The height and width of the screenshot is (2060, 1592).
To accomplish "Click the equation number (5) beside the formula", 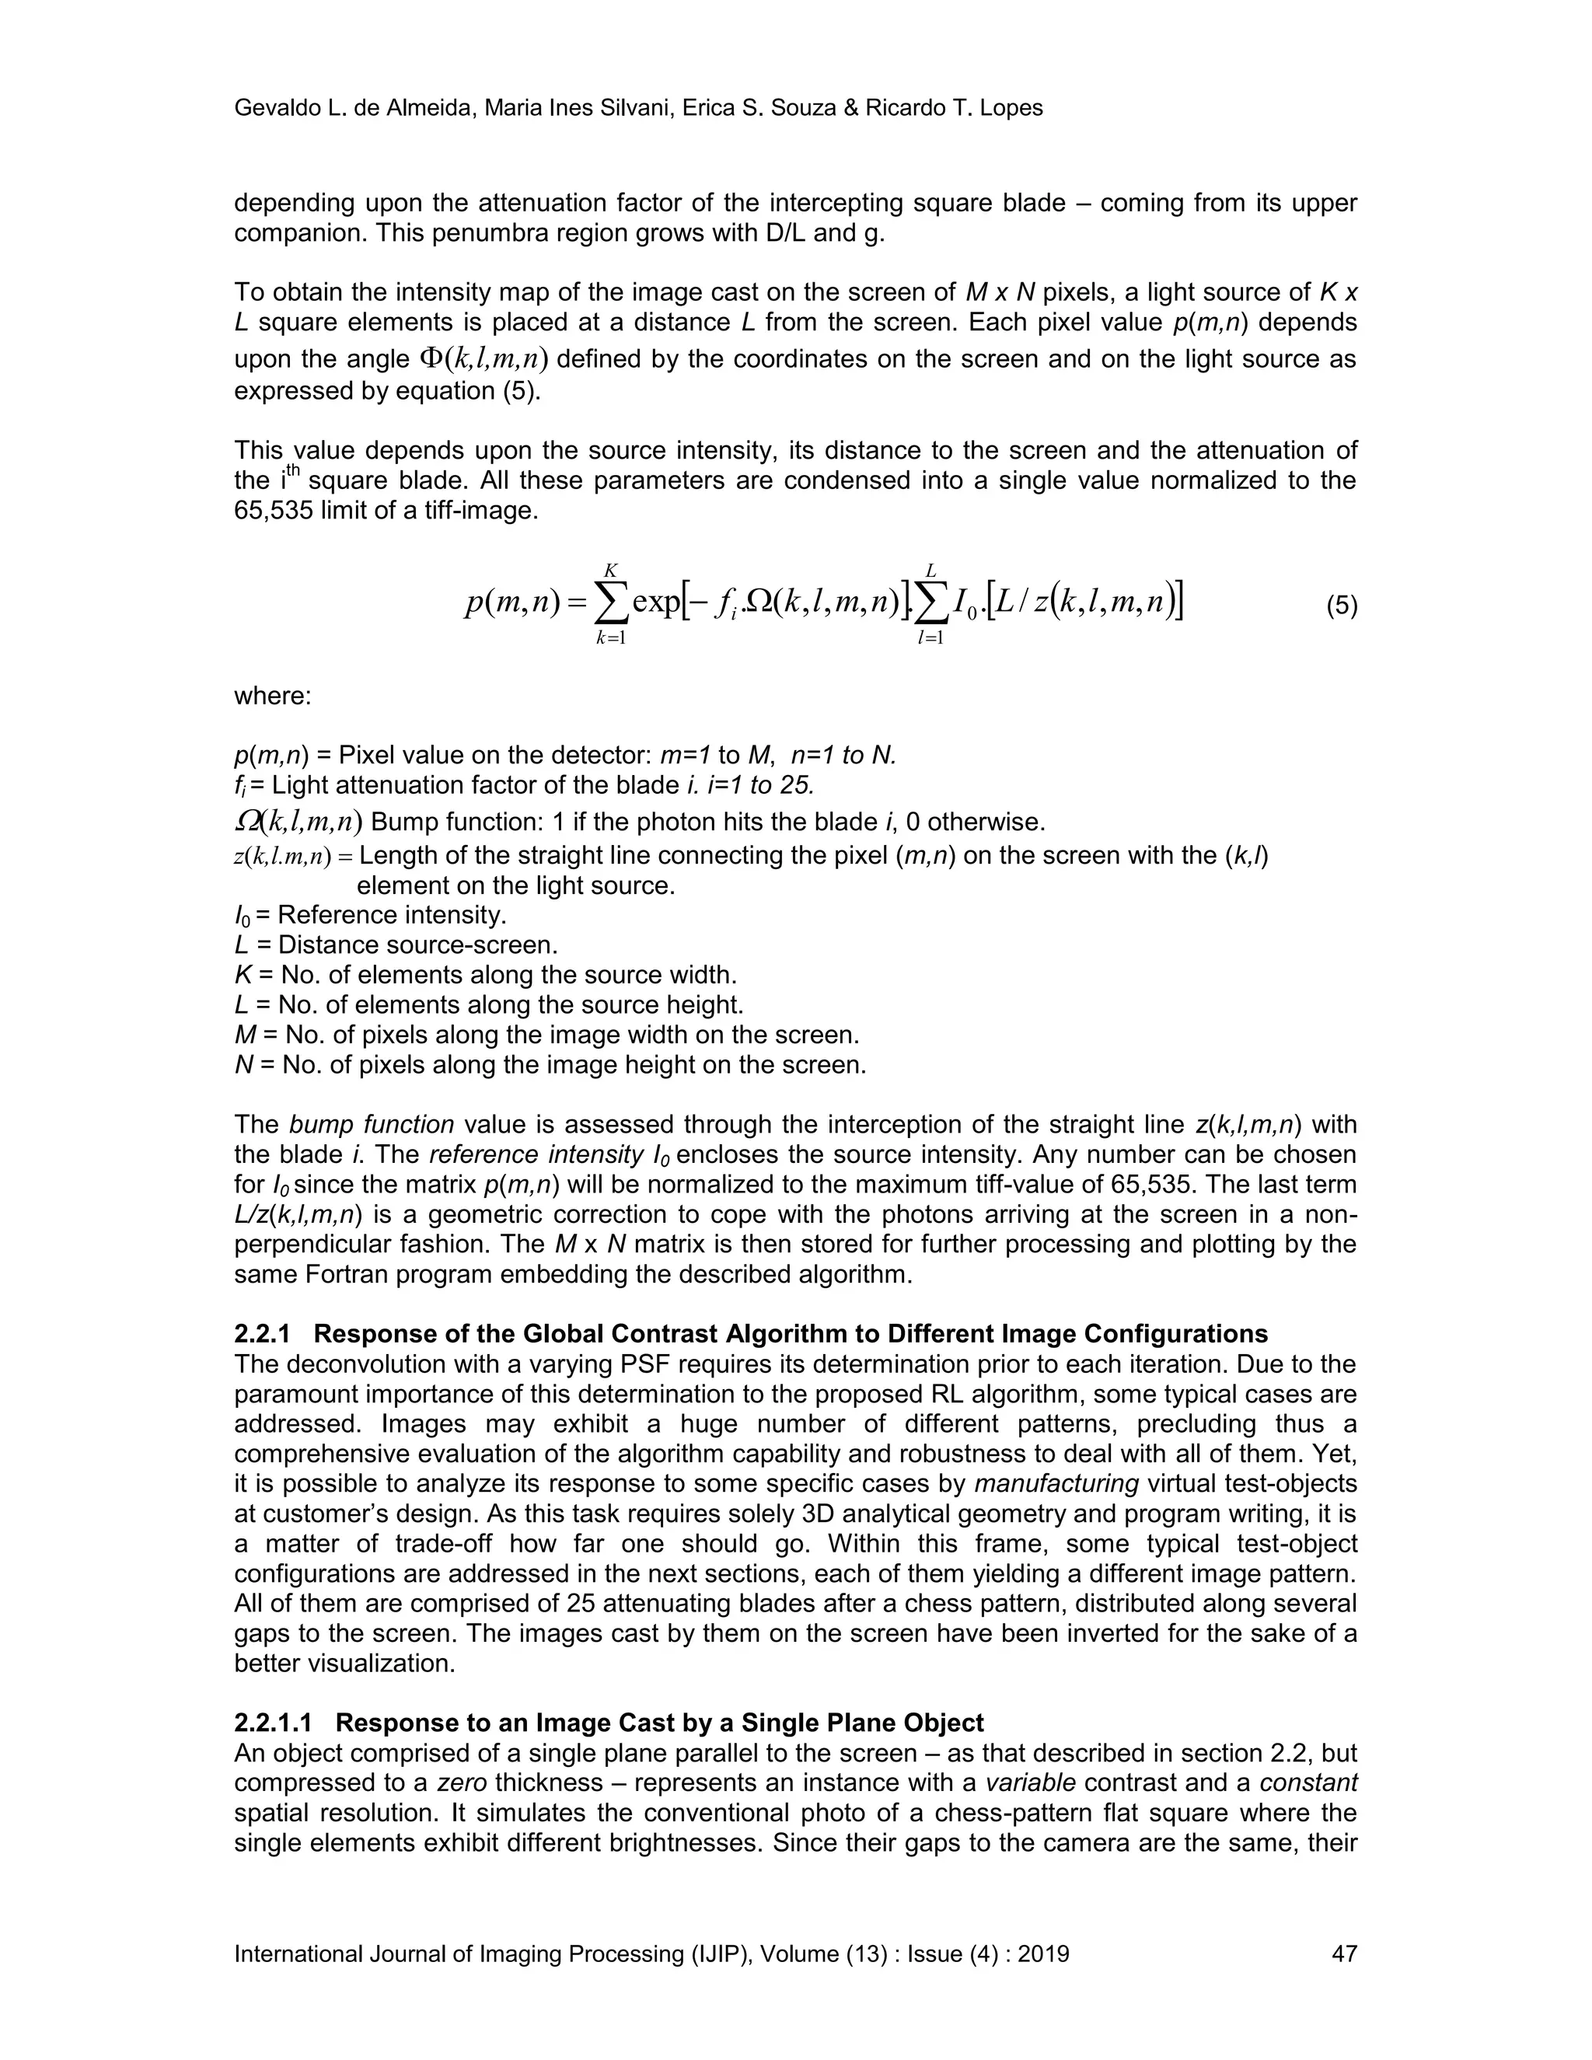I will pyautogui.click(x=1341, y=606).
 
